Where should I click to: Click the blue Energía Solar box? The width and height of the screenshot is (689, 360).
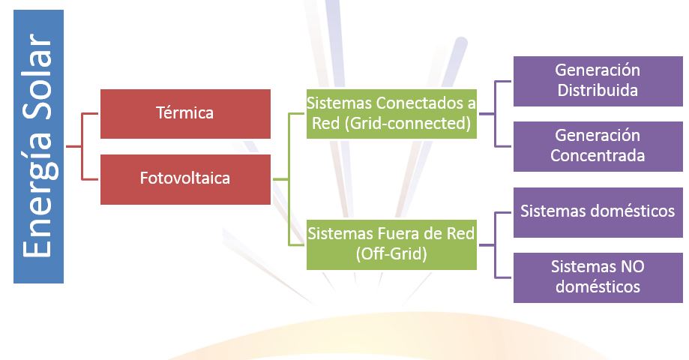[39, 147]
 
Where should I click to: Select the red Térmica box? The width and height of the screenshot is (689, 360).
[185, 114]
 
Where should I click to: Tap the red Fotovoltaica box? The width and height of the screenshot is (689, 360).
[185, 179]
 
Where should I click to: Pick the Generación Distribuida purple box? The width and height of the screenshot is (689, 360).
[598, 81]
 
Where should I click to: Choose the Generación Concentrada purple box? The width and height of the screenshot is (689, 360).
[598, 146]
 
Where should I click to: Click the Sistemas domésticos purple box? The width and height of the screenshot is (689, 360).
[598, 212]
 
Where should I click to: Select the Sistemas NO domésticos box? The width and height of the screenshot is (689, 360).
[598, 277]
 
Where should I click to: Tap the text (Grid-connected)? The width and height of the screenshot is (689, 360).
[408, 123]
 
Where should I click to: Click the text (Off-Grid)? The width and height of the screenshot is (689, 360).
[391, 253]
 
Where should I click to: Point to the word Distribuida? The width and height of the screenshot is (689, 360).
[598, 90]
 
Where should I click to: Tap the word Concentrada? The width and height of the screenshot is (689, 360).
[598, 155]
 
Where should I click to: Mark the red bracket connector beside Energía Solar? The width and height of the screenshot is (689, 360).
[82, 146]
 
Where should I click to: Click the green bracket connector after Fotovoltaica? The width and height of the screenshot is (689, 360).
[289, 179]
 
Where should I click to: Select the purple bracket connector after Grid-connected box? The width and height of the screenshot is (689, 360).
[496, 114]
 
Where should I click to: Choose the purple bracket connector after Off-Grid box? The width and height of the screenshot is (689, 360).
[496, 244]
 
